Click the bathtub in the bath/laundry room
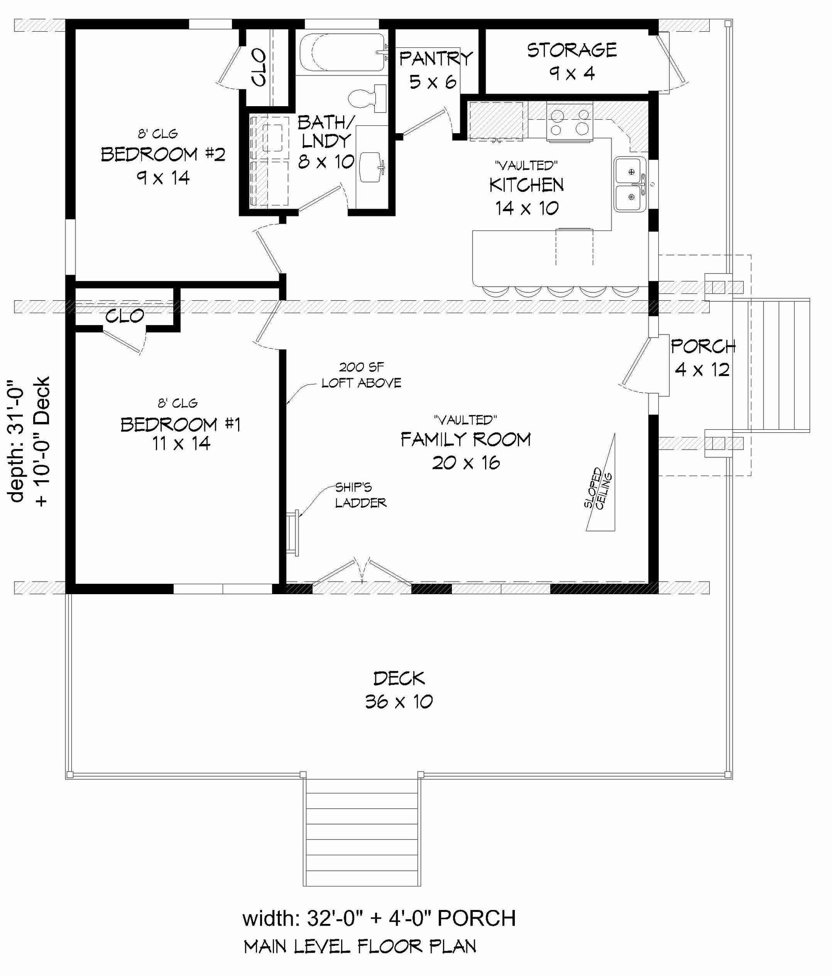coord(343,52)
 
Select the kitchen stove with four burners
coord(570,122)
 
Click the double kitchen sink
coord(630,184)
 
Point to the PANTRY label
coord(436,58)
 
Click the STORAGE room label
coord(572,50)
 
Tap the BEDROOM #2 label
coord(163,155)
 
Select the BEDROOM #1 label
coord(180,425)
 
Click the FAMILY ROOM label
coord(465,440)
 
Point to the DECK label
coord(399,678)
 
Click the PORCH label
coord(703,346)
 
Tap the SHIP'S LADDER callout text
coord(360,495)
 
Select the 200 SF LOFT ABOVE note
coord(361,375)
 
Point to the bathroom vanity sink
coord(372,167)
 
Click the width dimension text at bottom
coord(379,919)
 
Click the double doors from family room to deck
coord(362,572)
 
